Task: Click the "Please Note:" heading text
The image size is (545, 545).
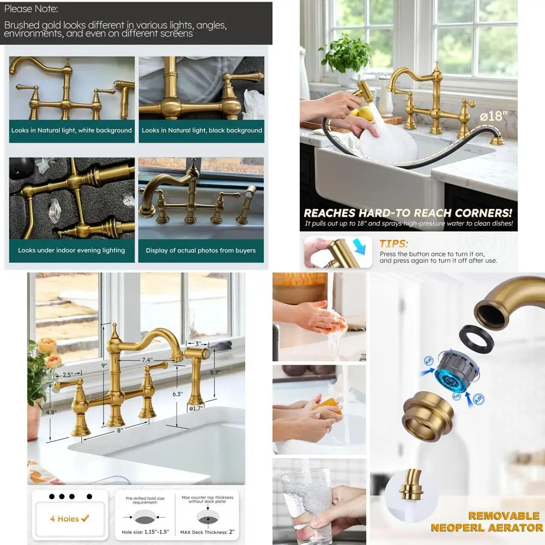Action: pyautogui.click(x=31, y=9)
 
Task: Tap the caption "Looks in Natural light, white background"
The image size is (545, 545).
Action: pyautogui.click(x=71, y=131)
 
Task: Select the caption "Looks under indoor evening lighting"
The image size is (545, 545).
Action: pyautogui.click(x=71, y=251)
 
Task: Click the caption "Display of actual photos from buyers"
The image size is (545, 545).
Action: pyautogui.click(x=201, y=251)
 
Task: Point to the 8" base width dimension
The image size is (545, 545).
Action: pyautogui.click(x=119, y=430)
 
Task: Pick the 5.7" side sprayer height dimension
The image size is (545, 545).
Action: pyautogui.click(x=215, y=372)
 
